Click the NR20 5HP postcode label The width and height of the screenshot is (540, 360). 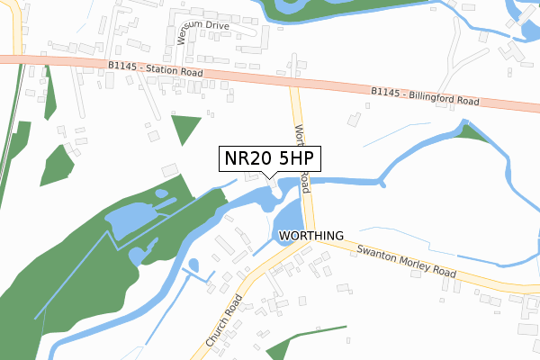point(269,158)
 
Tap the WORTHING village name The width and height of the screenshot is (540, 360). point(311,236)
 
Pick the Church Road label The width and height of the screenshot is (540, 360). point(224,322)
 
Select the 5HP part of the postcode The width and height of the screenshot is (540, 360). point(292,158)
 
